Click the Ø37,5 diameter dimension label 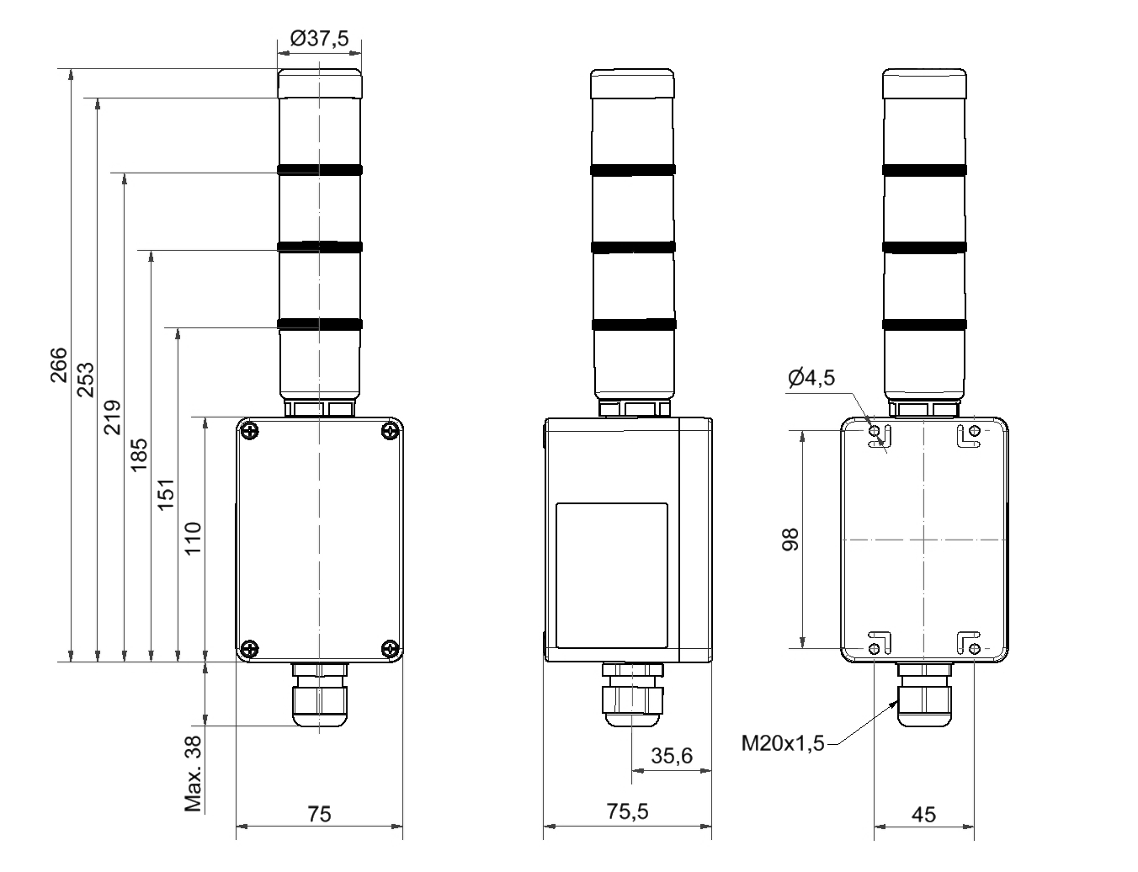tap(319, 39)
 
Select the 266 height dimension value tap(58, 364)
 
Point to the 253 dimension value tap(85, 380)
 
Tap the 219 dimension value tap(112, 417)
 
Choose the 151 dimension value tap(166, 494)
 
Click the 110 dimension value tap(193, 539)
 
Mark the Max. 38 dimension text tap(194, 774)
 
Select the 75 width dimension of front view tap(319, 814)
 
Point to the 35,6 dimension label tap(672, 756)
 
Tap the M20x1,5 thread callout tap(782, 743)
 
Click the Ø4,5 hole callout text tap(811, 378)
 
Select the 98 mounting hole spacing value tap(790, 540)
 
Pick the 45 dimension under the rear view tap(923, 814)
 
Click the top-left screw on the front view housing tap(249, 432)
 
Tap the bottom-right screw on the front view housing tap(390, 648)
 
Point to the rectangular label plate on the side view tap(612, 576)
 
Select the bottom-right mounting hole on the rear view tap(974, 648)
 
